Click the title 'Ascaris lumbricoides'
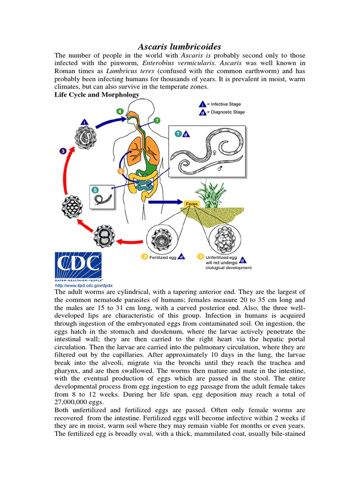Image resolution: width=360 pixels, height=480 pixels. click(179, 47)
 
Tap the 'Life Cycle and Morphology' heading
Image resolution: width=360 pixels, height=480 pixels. click(97, 95)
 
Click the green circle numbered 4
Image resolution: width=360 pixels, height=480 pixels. click(120, 112)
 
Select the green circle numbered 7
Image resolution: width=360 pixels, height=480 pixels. click(157, 120)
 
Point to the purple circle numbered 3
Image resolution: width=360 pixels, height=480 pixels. click(63, 151)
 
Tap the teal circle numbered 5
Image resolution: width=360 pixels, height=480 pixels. click(96, 190)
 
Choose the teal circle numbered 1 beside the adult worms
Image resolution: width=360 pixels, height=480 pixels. click(178, 134)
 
